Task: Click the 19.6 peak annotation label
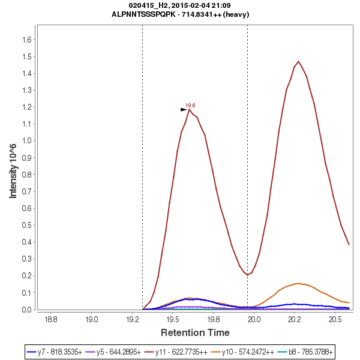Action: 190,105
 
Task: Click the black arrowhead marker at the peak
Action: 184,109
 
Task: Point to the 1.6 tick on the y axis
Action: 26,40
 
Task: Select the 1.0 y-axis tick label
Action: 26,141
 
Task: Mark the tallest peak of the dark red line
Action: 298,61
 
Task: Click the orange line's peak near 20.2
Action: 298,283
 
